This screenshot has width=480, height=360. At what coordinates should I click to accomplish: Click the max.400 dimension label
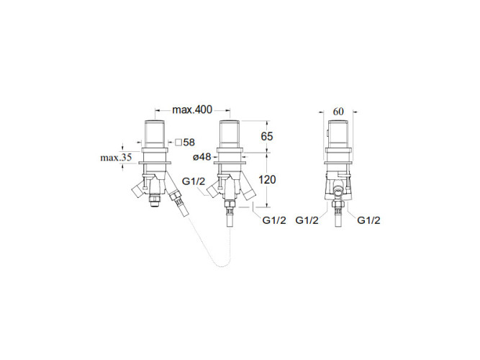(x=192, y=109)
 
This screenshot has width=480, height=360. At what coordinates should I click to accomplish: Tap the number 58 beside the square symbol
(x=189, y=142)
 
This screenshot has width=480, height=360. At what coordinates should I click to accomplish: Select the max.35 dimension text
(x=116, y=158)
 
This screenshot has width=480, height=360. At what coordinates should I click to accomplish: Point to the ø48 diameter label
(x=202, y=157)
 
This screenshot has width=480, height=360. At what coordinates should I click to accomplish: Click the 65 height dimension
(x=267, y=136)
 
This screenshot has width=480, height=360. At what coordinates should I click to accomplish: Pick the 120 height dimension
(x=267, y=179)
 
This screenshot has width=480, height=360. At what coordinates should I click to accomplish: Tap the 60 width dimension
(x=338, y=112)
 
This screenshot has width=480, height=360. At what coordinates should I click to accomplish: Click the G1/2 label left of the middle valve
(x=194, y=181)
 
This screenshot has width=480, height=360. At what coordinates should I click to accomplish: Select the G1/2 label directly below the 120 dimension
(x=274, y=220)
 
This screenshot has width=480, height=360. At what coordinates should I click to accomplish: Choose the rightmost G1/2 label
(x=369, y=220)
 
